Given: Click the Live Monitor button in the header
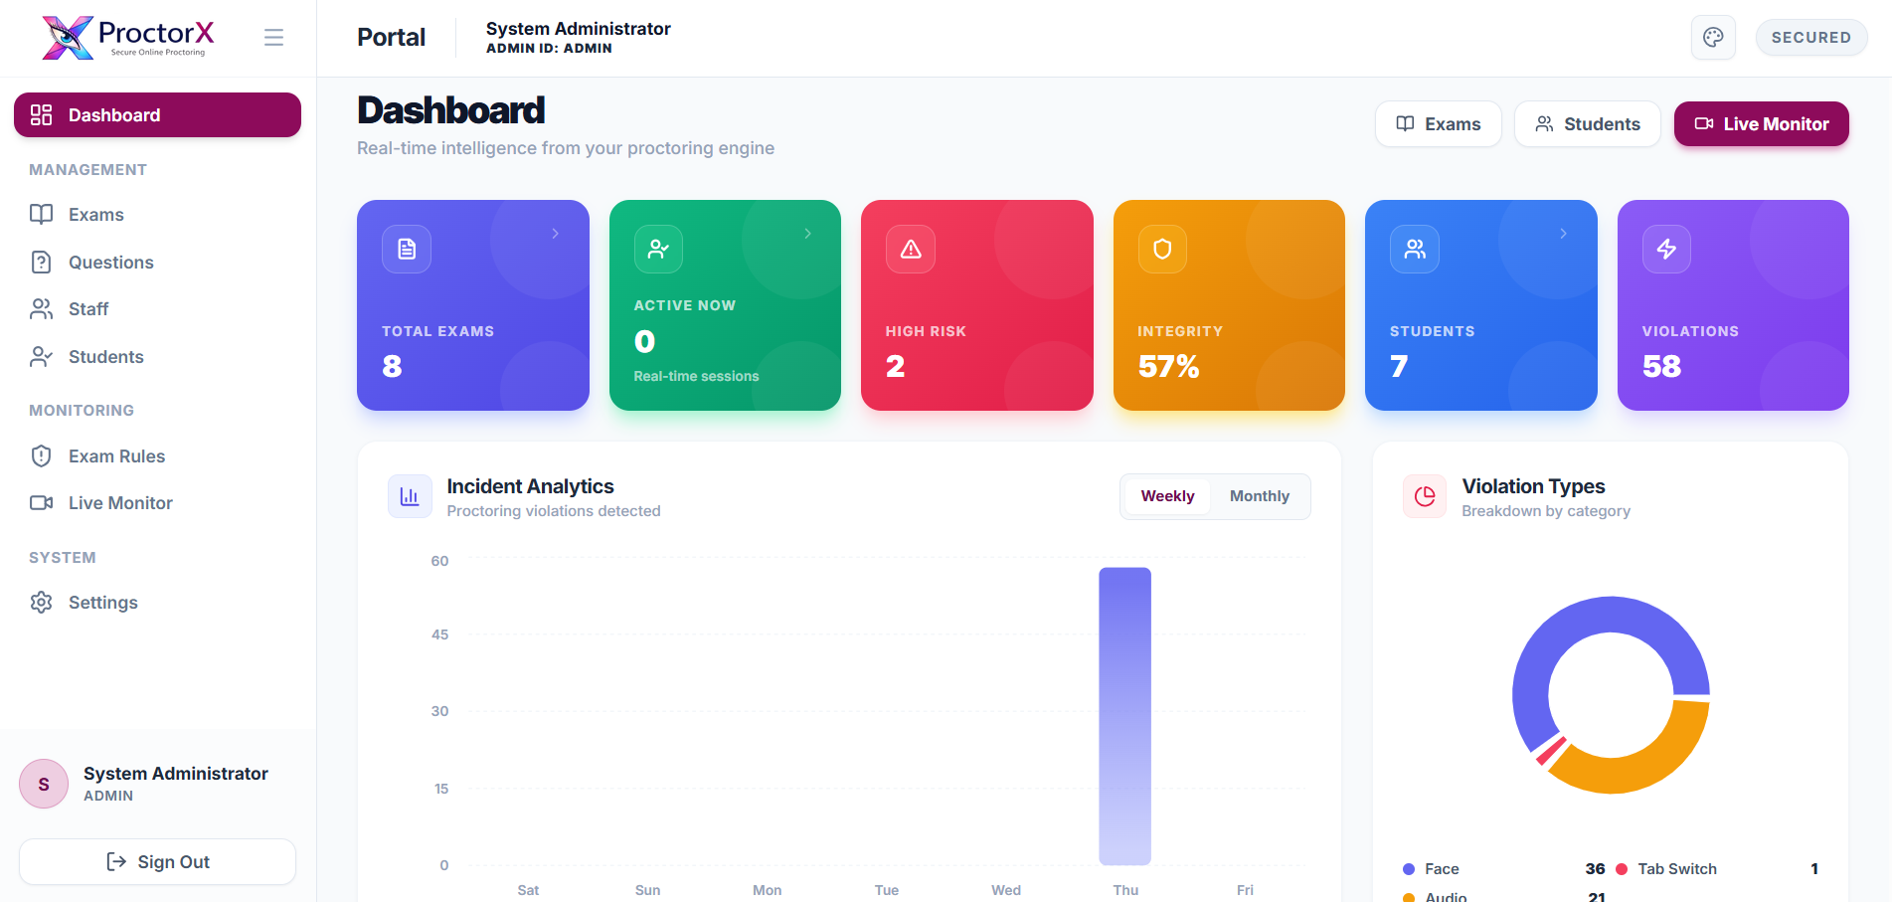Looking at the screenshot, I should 1761,124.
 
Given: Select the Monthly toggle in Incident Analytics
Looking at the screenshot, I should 1259,496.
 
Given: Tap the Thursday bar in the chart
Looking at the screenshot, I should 1124,716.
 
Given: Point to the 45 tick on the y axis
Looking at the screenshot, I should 439,634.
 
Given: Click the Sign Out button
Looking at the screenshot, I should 158,862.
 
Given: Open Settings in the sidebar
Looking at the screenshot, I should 102,603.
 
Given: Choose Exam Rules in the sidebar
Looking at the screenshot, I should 116,456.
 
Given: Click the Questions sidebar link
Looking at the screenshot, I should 110,263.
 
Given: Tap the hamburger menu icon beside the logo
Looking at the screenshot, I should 273,38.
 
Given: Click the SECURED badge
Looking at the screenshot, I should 1810,38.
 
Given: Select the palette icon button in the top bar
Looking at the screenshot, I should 1713,38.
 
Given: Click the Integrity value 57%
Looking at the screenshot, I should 1168,367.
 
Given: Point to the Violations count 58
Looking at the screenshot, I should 1661,367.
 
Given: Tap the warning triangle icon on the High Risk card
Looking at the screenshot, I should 911,249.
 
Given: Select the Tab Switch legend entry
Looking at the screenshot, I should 1676,869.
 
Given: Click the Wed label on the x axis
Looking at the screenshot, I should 1006,890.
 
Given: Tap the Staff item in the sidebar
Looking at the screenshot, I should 88,309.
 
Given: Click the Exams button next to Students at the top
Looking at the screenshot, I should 1438,124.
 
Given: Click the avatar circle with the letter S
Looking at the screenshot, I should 44,785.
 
